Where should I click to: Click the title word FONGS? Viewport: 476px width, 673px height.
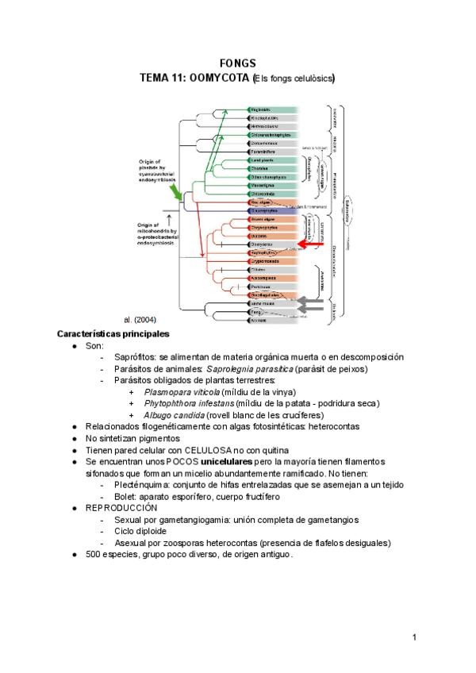click(x=237, y=63)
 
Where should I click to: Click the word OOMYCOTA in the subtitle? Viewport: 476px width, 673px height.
click(x=220, y=78)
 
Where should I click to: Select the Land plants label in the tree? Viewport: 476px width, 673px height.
click(x=261, y=160)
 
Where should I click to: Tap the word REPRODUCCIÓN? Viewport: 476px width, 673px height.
click(x=121, y=507)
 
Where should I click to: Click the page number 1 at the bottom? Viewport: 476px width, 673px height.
click(x=414, y=636)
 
